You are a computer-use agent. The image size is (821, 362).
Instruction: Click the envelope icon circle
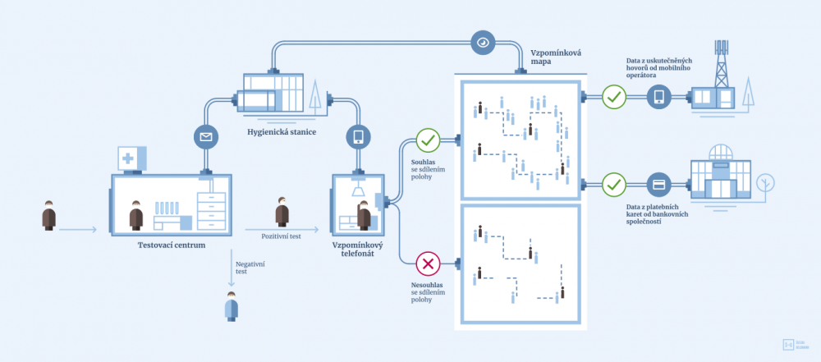(204, 136)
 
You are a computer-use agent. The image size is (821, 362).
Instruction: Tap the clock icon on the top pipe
(482, 41)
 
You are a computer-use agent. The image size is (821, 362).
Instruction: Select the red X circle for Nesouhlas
(428, 263)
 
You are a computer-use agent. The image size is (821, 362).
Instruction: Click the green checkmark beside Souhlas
(428, 140)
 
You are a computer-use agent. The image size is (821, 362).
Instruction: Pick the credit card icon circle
(658, 183)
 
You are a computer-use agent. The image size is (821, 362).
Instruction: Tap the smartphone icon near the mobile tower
(658, 97)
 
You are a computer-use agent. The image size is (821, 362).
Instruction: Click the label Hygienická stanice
(282, 131)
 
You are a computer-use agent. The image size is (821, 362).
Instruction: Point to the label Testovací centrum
(172, 245)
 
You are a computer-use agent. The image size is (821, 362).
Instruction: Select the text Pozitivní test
(282, 236)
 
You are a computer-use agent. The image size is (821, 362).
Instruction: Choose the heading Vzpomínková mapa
(556, 57)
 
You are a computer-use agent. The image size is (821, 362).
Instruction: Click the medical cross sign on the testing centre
(130, 158)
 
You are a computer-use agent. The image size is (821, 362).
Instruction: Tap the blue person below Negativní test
(232, 309)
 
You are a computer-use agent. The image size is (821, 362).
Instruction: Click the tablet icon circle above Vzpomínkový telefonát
(358, 136)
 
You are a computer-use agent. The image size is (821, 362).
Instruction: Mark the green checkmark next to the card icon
(613, 183)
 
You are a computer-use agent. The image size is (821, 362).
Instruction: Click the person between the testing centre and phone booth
(282, 212)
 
